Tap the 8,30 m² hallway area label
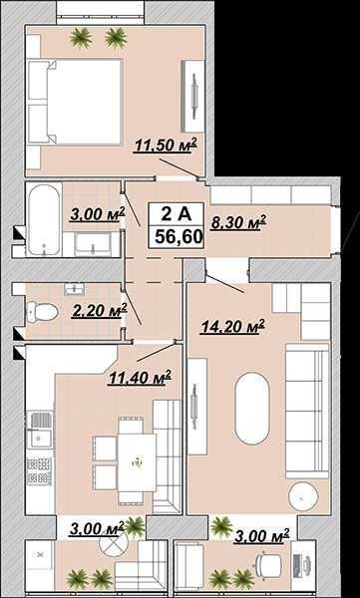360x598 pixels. [x=238, y=222]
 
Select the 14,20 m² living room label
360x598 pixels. [x=233, y=327]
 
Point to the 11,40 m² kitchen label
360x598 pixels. [x=139, y=378]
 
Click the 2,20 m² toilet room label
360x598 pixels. [x=100, y=311]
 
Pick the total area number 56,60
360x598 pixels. [x=179, y=237]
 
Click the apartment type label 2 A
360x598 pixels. [x=176, y=214]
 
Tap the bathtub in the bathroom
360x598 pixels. [x=44, y=219]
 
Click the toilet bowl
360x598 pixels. [x=42, y=312]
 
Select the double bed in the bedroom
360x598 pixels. [x=76, y=102]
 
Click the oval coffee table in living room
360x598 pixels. [x=252, y=409]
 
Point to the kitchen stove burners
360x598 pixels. [x=39, y=471]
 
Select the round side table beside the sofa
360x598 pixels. [x=303, y=496]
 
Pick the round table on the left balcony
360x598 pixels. [x=114, y=542]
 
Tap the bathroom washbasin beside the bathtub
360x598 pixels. [x=93, y=244]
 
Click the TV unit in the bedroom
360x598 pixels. [x=193, y=96]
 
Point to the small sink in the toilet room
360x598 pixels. [x=75, y=289]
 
